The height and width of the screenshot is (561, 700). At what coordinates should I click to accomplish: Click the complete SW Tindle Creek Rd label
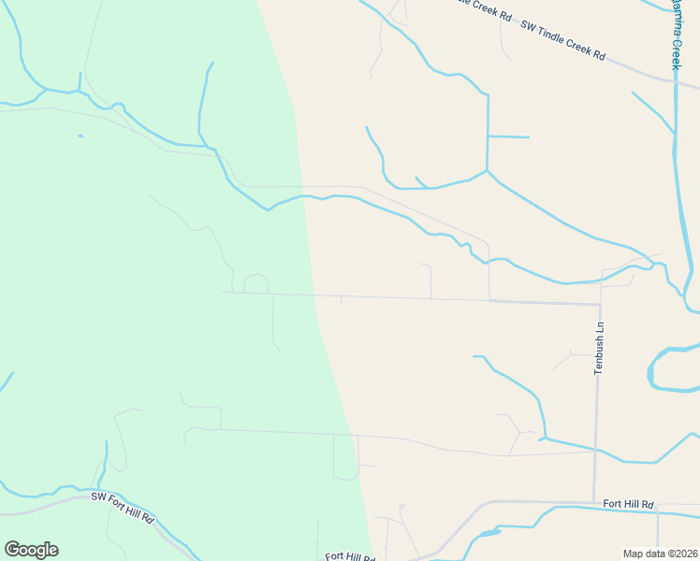click(x=563, y=41)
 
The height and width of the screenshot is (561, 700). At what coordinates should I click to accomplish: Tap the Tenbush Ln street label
click(x=599, y=349)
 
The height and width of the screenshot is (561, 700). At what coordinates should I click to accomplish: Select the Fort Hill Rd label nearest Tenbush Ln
click(x=628, y=504)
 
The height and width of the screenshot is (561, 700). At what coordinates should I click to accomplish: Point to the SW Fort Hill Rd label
click(x=122, y=507)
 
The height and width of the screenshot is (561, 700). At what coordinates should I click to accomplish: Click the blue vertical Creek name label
click(x=675, y=34)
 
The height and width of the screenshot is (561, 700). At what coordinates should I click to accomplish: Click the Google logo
click(x=31, y=550)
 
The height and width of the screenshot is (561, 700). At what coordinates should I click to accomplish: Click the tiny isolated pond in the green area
click(x=80, y=136)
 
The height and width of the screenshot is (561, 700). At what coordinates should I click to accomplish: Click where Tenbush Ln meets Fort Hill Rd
click(x=595, y=501)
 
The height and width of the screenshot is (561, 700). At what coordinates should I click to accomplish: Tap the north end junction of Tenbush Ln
click(x=600, y=303)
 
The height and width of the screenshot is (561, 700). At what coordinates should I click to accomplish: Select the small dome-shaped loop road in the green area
click(x=256, y=282)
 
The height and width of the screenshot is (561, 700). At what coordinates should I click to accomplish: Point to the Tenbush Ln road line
click(x=597, y=411)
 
